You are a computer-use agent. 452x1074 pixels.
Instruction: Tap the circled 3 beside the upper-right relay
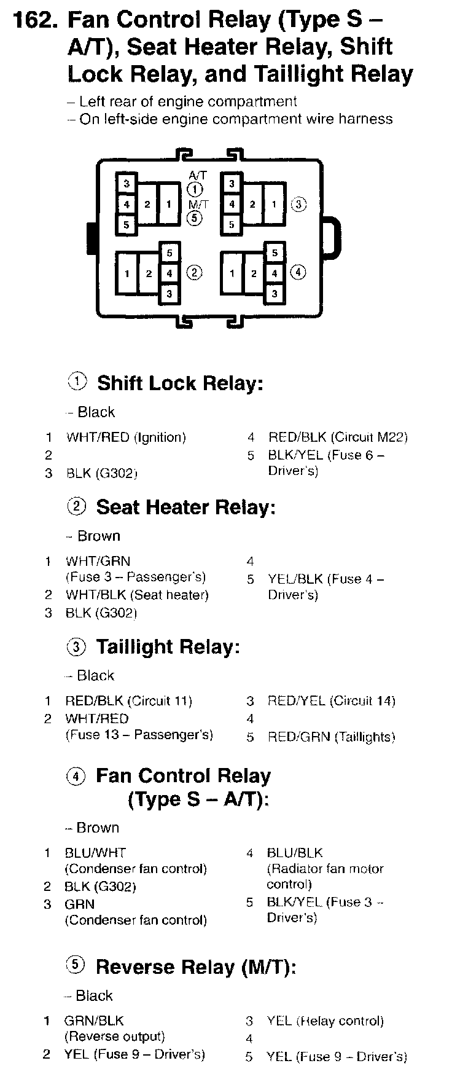298,204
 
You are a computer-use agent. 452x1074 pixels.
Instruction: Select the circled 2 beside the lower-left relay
193,273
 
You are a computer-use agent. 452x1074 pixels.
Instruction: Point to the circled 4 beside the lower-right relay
298,272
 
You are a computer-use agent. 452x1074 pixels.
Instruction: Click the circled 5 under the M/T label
195,217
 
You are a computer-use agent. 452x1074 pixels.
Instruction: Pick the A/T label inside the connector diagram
198,175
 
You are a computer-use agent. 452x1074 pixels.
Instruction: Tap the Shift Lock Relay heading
180,383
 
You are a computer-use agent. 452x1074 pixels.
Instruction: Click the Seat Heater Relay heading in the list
185,508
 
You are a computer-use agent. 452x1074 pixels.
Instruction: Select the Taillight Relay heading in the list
167,647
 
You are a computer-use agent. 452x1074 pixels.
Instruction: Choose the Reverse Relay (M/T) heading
196,967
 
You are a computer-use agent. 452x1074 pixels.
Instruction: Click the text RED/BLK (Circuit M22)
338,437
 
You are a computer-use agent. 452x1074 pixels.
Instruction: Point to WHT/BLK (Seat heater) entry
137,595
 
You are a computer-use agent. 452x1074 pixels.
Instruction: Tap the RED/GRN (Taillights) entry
331,737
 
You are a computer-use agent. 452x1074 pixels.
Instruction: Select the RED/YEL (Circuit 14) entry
331,701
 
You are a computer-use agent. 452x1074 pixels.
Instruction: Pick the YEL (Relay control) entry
325,1021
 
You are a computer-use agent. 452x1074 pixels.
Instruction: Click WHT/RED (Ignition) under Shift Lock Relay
125,437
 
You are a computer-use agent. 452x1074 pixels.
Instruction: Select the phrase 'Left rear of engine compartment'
188,101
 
